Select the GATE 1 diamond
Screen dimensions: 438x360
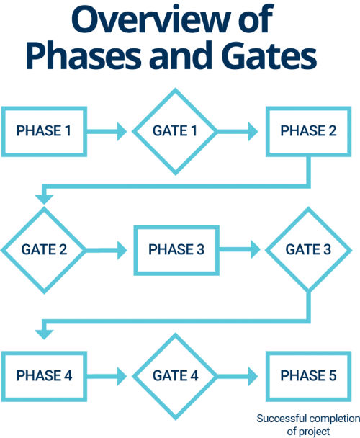pyautogui.click(x=175, y=131)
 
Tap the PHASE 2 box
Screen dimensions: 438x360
pyautogui.click(x=309, y=132)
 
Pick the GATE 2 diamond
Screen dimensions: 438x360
pyautogui.click(x=43, y=249)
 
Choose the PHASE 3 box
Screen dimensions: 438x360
pyautogui.click(x=177, y=250)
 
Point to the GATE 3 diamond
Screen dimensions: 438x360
pyautogui.click(x=309, y=249)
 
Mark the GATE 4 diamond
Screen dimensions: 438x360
pyautogui.click(x=175, y=375)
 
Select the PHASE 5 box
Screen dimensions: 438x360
pyautogui.click(x=309, y=375)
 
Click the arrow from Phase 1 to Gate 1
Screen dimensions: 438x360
pyautogui.click(x=109, y=132)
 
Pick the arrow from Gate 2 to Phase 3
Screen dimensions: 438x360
pyautogui.click(x=108, y=250)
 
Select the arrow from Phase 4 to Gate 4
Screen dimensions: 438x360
pyautogui.click(x=109, y=375)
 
